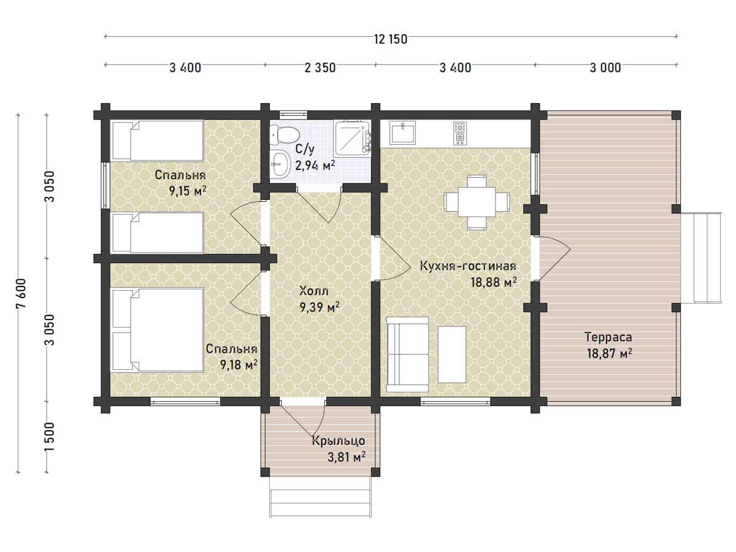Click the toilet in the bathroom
[x=285, y=135]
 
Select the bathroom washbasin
[x=280, y=164]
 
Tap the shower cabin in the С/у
[x=352, y=139]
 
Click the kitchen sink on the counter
[x=402, y=132]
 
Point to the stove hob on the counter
[x=459, y=133]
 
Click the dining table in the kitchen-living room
[x=477, y=202]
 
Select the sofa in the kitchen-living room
[x=408, y=355]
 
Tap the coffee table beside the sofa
[x=452, y=355]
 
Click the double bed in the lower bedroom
[x=157, y=330]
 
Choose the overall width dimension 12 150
[x=391, y=39]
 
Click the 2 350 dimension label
[x=320, y=68]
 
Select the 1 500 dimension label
[x=49, y=437]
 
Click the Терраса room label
[x=608, y=337]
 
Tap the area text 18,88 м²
[x=493, y=282]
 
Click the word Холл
[x=314, y=291]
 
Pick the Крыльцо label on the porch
[x=339, y=441]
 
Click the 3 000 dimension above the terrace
[x=605, y=68]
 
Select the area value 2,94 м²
[x=315, y=165]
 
